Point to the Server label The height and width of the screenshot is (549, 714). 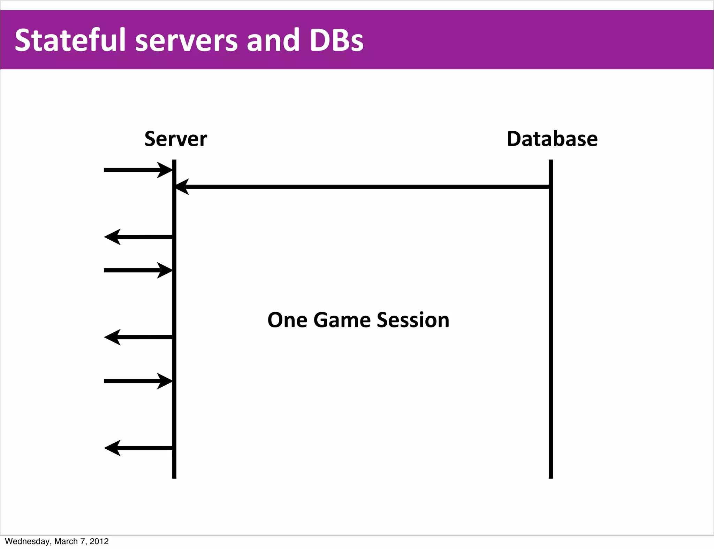point(176,139)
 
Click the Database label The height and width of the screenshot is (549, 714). point(552,139)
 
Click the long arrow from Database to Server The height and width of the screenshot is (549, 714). point(363,187)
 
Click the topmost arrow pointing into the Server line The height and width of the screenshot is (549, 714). point(138,170)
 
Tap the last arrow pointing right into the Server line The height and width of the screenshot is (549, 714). point(138,381)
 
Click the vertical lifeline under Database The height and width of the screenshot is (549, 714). point(550,331)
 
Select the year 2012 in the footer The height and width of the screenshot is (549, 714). point(99,541)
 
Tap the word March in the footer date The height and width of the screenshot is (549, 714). point(66,541)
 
